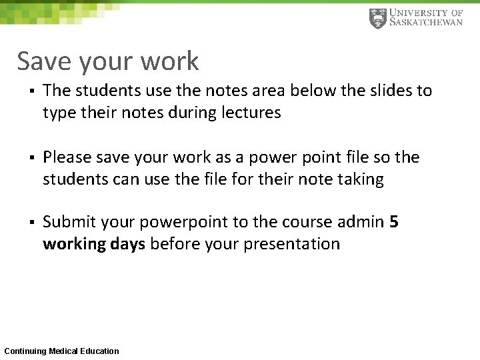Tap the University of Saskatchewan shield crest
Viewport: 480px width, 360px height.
(377, 18)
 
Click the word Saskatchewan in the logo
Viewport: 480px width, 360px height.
(425, 23)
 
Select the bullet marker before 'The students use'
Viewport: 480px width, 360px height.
(31, 91)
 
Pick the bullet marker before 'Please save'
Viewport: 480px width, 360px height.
(31, 158)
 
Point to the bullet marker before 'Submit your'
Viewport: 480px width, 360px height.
(31, 223)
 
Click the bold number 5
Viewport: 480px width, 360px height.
(393, 222)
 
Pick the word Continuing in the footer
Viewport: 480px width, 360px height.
(25, 351)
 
